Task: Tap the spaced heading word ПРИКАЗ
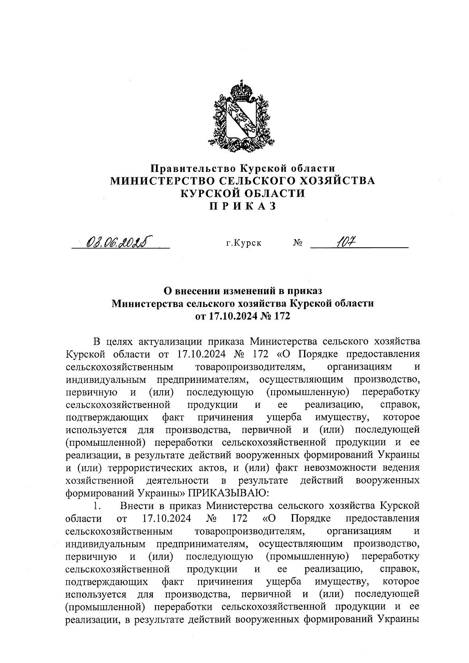pyautogui.click(x=243, y=206)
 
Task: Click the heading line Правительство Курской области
pyautogui.click(x=243, y=168)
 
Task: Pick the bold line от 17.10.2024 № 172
pyautogui.click(x=243, y=316)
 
